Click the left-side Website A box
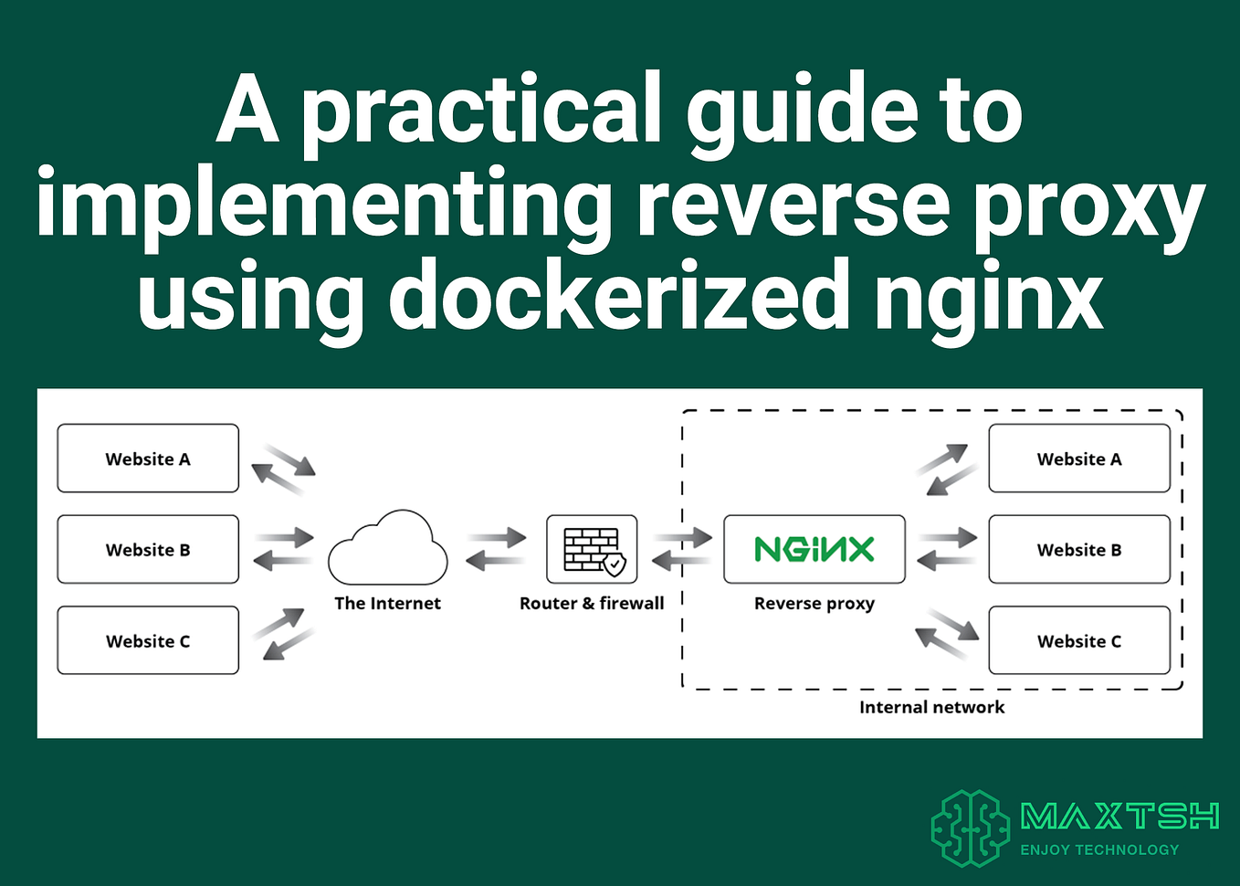pyautogui.click(x=148, y=459)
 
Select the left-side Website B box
pyautogui.click(x=148, y=550)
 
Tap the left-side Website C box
pyautogui.click(x=148, y=641)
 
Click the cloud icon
pyautogui.click(x=388, y=550)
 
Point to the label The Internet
pyautogui.click(x=387, y=604)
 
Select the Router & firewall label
pyautogui.click(x=592, y=604)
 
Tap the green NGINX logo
pyautogui.click(x=814, y=549)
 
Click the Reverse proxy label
pyautogui.click(x=814, y=604)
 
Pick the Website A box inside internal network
pyautogui.click(x=1079, y=459)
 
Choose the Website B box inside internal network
pyautogui.click(x=1079, y=550)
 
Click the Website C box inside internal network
pyautogui.click(x=1079, y=641)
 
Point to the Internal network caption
pyautogui.click(x=931, y=707)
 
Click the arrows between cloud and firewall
pyautogui.click(x=496, y=549)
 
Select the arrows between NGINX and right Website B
pyautogui.click(x=947, y=549)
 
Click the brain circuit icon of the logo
pyautogui.click(x=971, y=828)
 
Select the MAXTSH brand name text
pyautogui.click(x=1119, y=816)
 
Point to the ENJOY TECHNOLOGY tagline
pyautogui.click(x=1099, y=849)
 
